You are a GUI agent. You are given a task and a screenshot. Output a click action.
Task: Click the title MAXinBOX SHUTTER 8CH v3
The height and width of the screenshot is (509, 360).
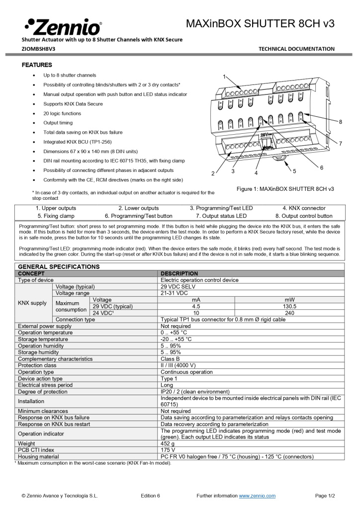260,23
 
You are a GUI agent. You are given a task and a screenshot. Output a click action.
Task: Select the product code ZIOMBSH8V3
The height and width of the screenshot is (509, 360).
38,49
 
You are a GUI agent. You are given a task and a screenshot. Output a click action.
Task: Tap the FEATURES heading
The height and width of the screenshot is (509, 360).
37,65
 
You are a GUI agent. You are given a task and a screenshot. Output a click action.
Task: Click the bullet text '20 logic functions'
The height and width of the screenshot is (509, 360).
62,113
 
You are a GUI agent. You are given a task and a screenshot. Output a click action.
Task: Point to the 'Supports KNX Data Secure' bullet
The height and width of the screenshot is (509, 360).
73,104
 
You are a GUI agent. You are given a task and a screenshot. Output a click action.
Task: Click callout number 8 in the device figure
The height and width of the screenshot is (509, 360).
340,122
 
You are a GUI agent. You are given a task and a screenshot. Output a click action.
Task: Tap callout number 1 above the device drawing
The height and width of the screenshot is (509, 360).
224,76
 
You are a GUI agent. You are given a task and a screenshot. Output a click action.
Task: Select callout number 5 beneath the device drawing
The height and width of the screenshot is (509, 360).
294,171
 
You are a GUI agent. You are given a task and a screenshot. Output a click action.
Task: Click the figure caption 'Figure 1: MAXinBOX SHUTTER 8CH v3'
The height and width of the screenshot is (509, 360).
285,189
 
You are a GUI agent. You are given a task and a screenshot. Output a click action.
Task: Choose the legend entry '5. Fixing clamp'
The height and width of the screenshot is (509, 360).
56,216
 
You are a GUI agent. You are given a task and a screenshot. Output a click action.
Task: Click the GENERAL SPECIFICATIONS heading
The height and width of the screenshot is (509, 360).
59,266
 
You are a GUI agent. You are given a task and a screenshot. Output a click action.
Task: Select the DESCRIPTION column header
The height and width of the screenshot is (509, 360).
179,273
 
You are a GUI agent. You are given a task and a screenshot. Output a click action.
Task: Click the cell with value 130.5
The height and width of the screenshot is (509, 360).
289,306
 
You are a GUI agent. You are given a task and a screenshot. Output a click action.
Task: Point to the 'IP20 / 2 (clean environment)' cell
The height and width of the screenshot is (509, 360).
195,392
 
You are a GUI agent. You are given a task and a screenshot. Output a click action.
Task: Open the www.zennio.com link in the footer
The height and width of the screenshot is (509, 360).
257,496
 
